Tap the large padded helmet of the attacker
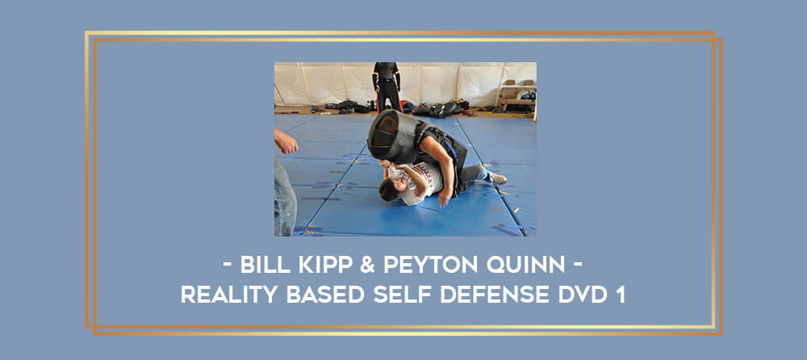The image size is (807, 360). pyautogui.click(x=392, y=136)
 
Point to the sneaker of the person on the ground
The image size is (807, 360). pyautogui.click(x=498, y=178)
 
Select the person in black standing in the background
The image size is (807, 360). pyautogui.click(x=387, y=86)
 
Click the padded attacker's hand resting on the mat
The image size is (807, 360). pyautogui.click(x=441, y=199)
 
